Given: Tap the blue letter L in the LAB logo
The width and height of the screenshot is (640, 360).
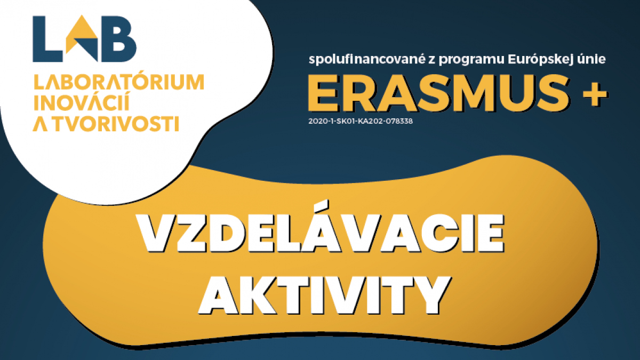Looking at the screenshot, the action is pyautogui.click(x=47, y=39).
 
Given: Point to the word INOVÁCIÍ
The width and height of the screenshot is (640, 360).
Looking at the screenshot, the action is pyautogui.click(x=82, y=101).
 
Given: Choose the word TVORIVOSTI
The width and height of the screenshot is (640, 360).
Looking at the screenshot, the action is pyautogui.click(x=117, y=123).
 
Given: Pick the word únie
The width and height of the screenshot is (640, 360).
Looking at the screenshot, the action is pyautogui.click(x=591, y=59).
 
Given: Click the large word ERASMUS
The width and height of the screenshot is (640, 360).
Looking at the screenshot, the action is pyautogui.click(x=438, y=93).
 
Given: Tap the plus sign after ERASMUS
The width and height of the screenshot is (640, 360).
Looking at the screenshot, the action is pyautogui.click(x=595, y=94).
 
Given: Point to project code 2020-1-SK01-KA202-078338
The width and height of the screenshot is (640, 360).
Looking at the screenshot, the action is pyautogui.click(x=361, y=121).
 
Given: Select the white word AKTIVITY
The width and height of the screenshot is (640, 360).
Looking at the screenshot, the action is pyautogui.click(x=325, y=295).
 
